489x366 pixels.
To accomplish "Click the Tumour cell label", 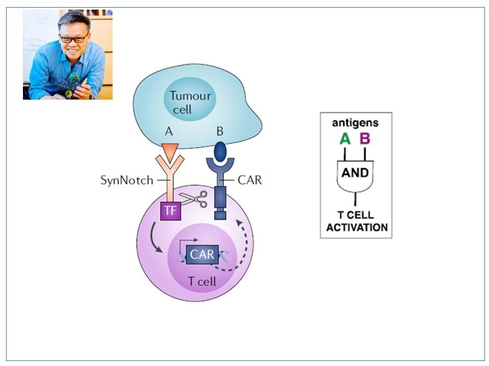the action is click(x=190, y=102).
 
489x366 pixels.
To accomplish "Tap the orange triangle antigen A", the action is click(x=170, y=152).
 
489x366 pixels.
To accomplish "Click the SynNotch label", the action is click(x=127, y=180).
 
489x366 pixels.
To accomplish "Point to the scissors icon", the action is click(x=194, y=199).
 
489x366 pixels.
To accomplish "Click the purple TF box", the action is click(x=171, y=210).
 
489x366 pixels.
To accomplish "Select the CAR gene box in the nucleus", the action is click(x=202, y=255).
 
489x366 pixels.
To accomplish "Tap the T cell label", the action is click(x=202, y=281).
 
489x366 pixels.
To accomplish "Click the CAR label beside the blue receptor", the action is click(x=250, y=180).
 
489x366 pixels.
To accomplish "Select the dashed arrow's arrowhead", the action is click(x=239, y=223).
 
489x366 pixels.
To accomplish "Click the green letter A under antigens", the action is click(x=345, y=138).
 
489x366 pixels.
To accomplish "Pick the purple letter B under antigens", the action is click(x=365, y=138).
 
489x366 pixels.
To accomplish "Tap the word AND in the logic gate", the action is click(x=355, y=172).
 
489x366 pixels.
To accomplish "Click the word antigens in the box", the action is click(x=355, y=123).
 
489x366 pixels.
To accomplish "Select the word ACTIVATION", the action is click(x=357, y=228).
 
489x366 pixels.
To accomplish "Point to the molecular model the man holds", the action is click(x=71, y=85).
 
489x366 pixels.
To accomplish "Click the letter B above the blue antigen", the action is click(x=220, y=131).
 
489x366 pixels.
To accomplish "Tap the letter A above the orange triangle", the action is click(x=169, y=131).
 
